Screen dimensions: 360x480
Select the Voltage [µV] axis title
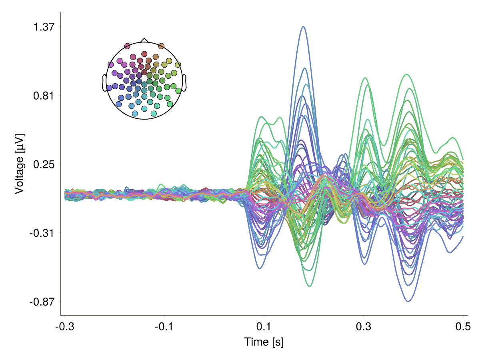[19, 164]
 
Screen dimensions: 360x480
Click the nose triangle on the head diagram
[144, 40]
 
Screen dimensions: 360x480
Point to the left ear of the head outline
[105, 83]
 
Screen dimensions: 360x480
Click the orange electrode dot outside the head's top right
[161, 46]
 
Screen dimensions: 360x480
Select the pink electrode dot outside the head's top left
[127, 46]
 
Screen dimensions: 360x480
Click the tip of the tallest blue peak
[304, 27]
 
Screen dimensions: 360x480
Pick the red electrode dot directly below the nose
[144, 54]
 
